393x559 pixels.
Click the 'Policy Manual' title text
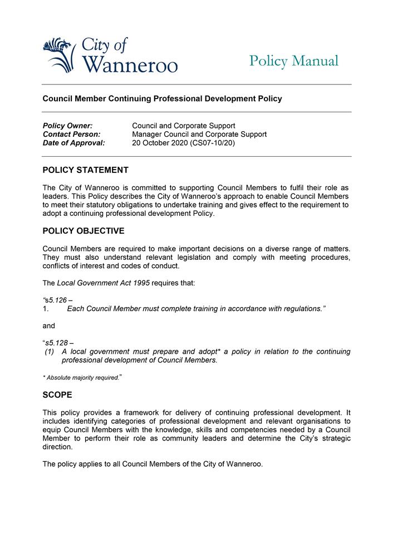pos(293,61)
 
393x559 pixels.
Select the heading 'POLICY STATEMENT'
pos(86,170)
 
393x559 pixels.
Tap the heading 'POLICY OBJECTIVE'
pos(83,231)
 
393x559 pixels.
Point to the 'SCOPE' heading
pos(57,395)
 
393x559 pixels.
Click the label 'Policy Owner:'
pos(67,126)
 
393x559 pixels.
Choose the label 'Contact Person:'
pos(71,134)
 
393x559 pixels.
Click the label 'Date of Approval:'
pos(73,143)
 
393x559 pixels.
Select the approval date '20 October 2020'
pos(160,143)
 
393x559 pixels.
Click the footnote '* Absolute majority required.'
pos(81,378)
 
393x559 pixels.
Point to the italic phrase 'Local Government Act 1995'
pos(102,283)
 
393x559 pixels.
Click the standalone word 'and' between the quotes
pos(49,326)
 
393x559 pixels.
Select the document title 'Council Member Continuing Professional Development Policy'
pos(163,99)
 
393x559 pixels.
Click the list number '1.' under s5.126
pos(46,309)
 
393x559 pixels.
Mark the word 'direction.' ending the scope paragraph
pos(57,447)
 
